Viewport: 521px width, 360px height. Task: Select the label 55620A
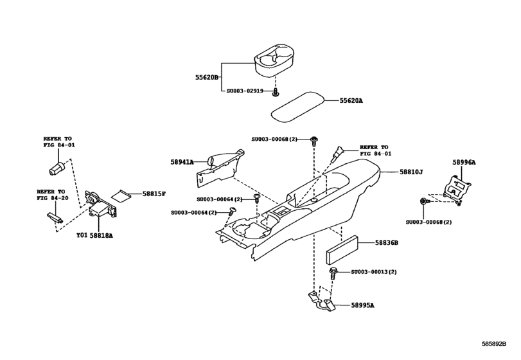tap(351, 100)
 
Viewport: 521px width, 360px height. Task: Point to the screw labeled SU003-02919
tap(276, 93)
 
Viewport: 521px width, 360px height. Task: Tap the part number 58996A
tap(463, 163)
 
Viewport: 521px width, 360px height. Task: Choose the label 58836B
tap(387, 243)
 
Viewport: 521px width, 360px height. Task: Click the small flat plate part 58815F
tap(121, 194)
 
